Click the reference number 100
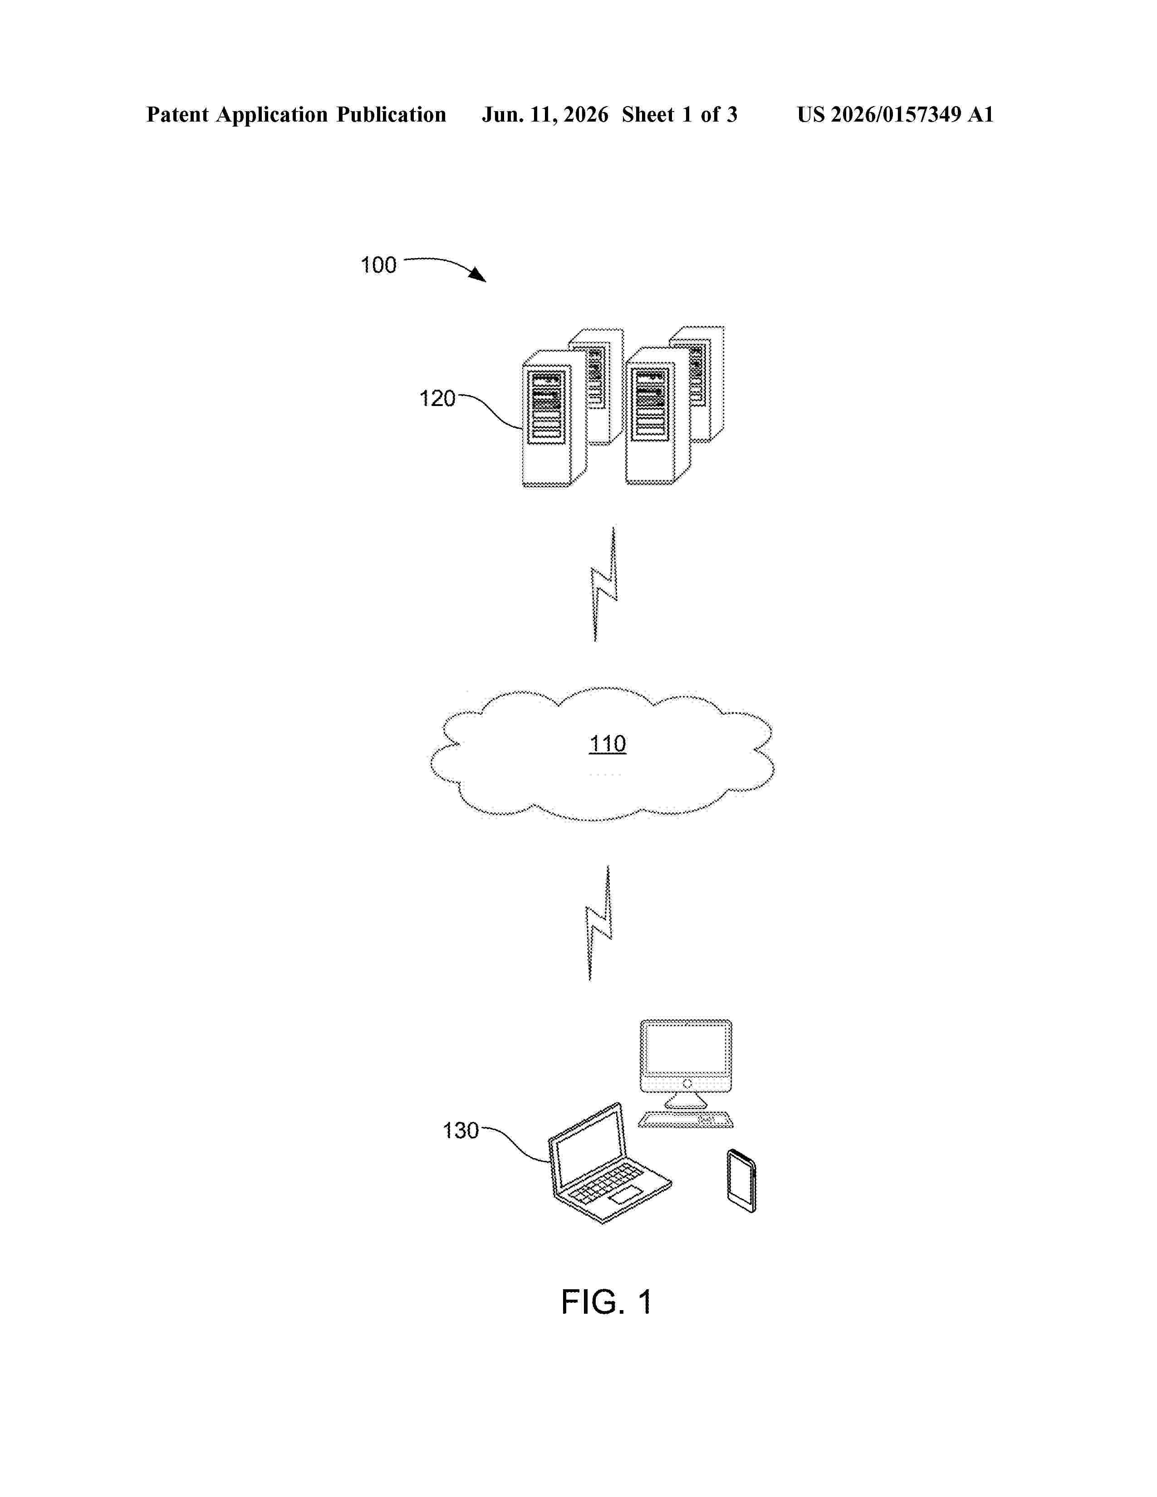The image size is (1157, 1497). tap(378, 265)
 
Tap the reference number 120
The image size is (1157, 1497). tap(437, 398)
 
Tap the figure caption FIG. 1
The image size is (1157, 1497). tap(606, 1301)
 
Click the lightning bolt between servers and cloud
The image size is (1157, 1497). tap(604, 584)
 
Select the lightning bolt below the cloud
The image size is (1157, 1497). tap(599, 923)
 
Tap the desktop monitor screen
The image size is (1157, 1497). tap(686, 1049)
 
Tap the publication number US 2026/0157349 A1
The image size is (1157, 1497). tap(895, 114)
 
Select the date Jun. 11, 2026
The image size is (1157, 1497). tap(545, 114)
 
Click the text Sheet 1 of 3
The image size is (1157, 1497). tap(679, 114)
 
